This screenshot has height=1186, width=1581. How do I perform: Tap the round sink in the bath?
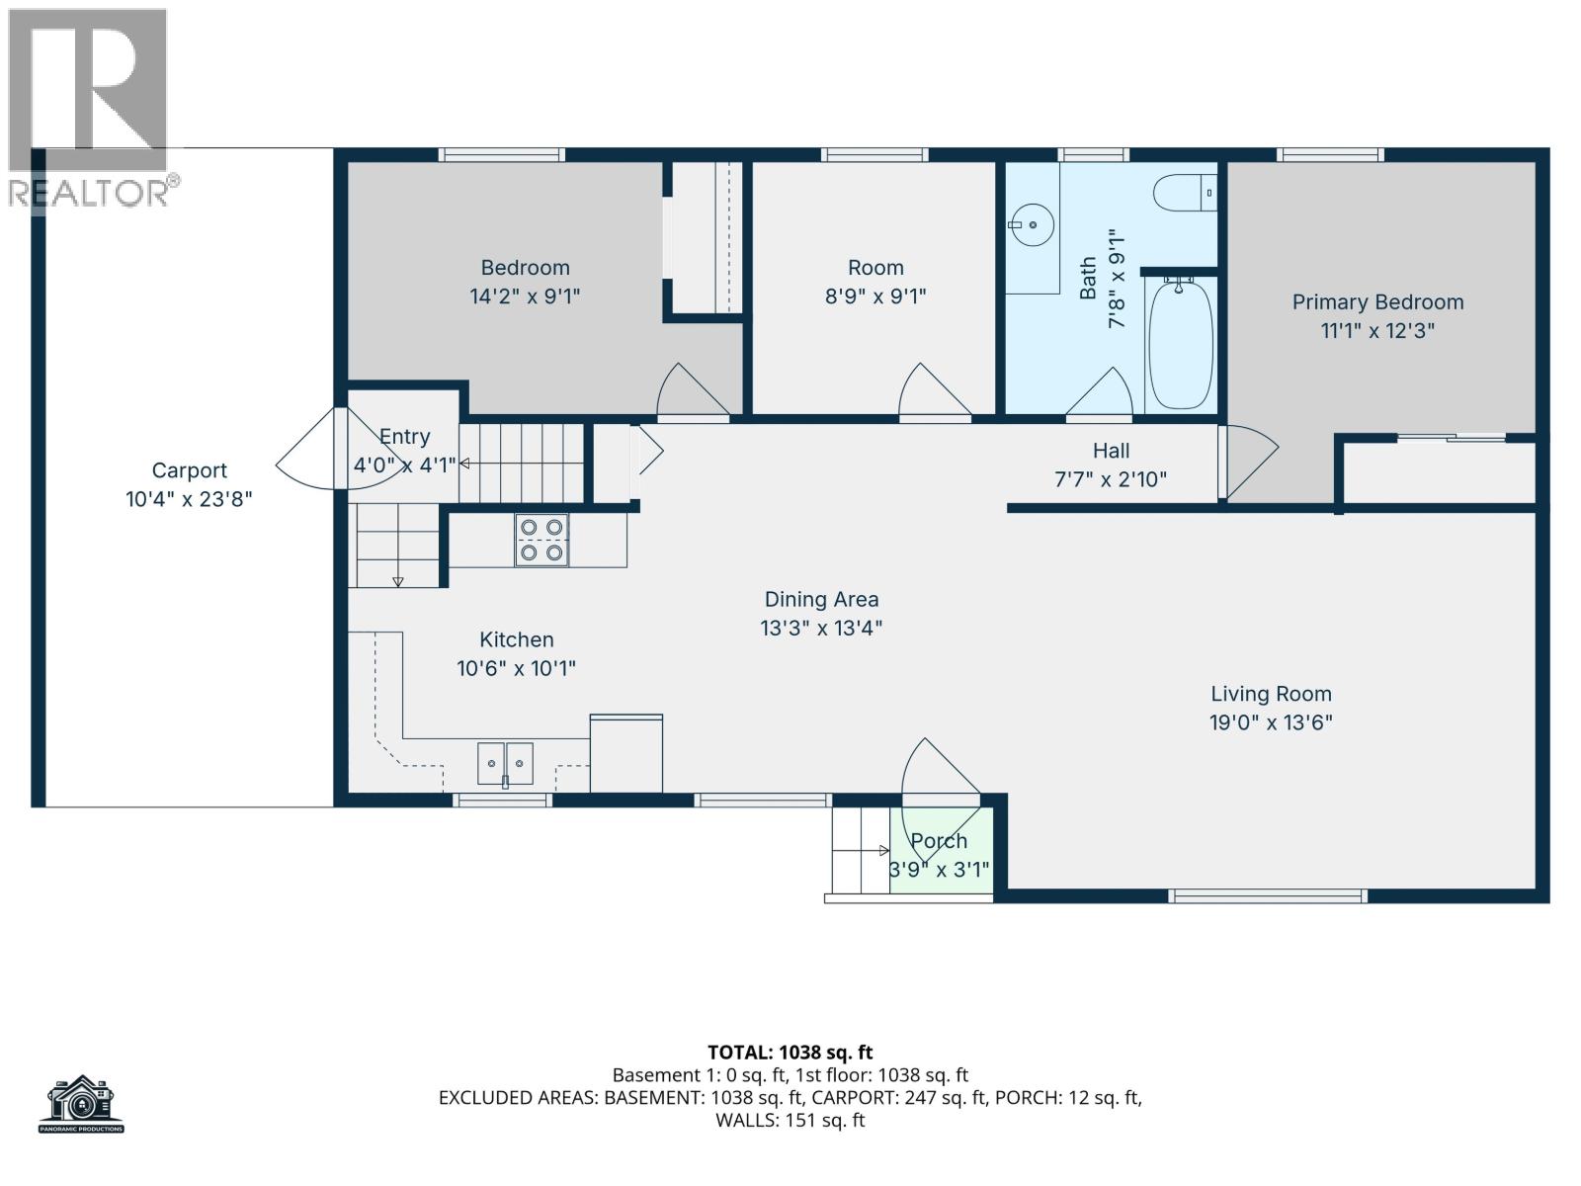click(x=1033, y=225)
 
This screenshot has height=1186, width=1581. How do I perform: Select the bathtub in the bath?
click(x=1181, y=343)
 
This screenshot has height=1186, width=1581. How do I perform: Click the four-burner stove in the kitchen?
click(x=541, y=541)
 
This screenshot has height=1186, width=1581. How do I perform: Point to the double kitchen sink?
click(x=505, y=763)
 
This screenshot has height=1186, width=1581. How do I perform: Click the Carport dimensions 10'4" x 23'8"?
click(x=189, y=499)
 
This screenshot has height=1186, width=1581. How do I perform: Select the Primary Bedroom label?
click(x=1377, y=302)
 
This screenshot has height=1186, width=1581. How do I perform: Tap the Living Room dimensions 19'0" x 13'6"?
click(x=1271, y=722)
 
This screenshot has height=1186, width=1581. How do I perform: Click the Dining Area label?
click(x=821, y=599)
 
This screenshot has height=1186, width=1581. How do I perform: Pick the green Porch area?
click(x=941, y=850)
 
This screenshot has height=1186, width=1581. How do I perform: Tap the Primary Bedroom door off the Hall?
click(x=1249, y=463)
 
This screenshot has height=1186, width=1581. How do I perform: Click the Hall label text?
click(x=1111, y=452)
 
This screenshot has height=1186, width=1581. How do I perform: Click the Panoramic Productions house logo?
click(x=82, y=1103)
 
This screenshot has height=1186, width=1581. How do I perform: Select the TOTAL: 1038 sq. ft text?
click(x=790, y=1053)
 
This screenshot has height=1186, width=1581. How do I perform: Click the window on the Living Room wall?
click(x=1268, y=896)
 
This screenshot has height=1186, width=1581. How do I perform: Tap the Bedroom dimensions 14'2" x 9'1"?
click(x=525, y=296)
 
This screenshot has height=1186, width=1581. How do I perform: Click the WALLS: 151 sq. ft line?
click(x=790, y=1121)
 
